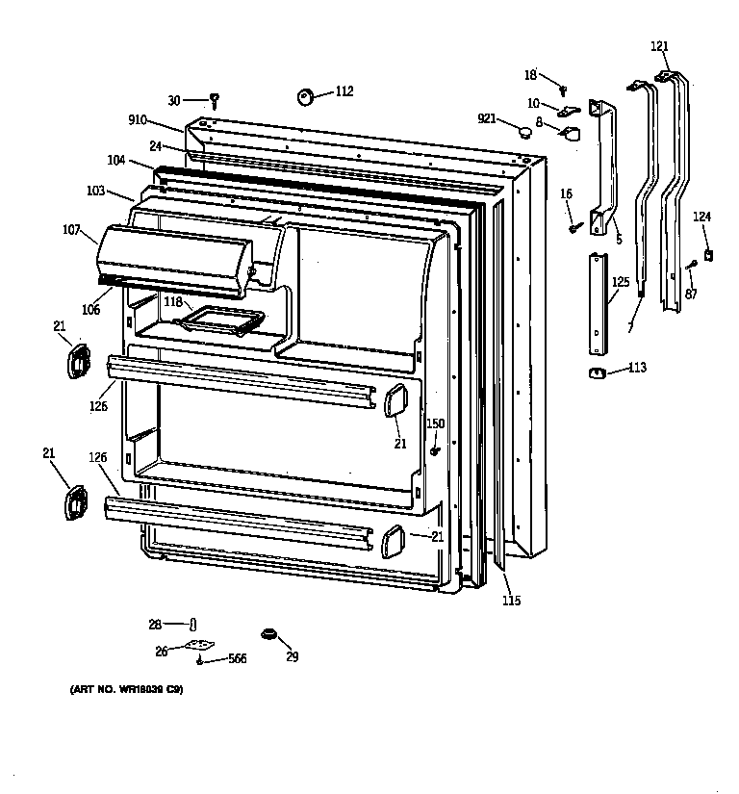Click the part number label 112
coord(344,91)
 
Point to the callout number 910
coord(138,120)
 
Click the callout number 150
coord(436,423)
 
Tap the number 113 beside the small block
coord(637,367)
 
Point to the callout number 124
coord(702,217)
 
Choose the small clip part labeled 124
coord(708,255)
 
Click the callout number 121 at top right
coord(659,46)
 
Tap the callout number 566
coord(236,659)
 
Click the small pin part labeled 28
coord(192,625)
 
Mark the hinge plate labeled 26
coord(198,649)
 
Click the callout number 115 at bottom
coord(511,602)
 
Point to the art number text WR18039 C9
coord(125,690)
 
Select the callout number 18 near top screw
coord(531,74)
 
